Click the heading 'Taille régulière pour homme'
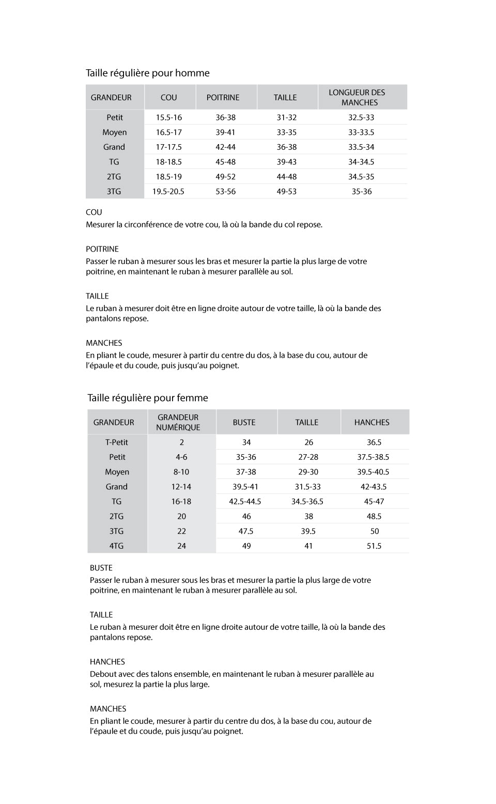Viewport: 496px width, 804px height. tap(148, 73)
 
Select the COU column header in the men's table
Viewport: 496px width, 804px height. tap(169, 97)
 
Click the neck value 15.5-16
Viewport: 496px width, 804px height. tap(169, 117)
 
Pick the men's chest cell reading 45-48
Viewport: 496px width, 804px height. tap(226, 162)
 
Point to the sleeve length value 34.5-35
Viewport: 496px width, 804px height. tap(361, 176)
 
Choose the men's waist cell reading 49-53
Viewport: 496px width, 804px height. tap(287, 191)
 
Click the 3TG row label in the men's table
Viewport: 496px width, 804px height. tap(114, 191)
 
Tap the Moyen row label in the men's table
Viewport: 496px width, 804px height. tap(115, 132)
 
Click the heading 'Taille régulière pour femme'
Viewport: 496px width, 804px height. tap(148, 398)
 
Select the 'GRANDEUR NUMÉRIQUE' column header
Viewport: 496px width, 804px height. tap(178, 422)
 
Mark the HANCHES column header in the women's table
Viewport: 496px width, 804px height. tap(372, 422)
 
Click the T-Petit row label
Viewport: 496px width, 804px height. tap(117, 442)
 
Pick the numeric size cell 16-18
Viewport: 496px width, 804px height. tap(181, 501)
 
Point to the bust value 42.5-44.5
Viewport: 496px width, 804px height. tap(245, 501)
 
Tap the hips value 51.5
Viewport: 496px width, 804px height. tap(374, 546)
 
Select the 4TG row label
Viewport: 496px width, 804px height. tap(117, 546)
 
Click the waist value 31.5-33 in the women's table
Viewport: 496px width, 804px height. tap(308, 487)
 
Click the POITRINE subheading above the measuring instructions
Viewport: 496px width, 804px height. tap(102, 249)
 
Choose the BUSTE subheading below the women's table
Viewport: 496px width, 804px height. tap(101, 568)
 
